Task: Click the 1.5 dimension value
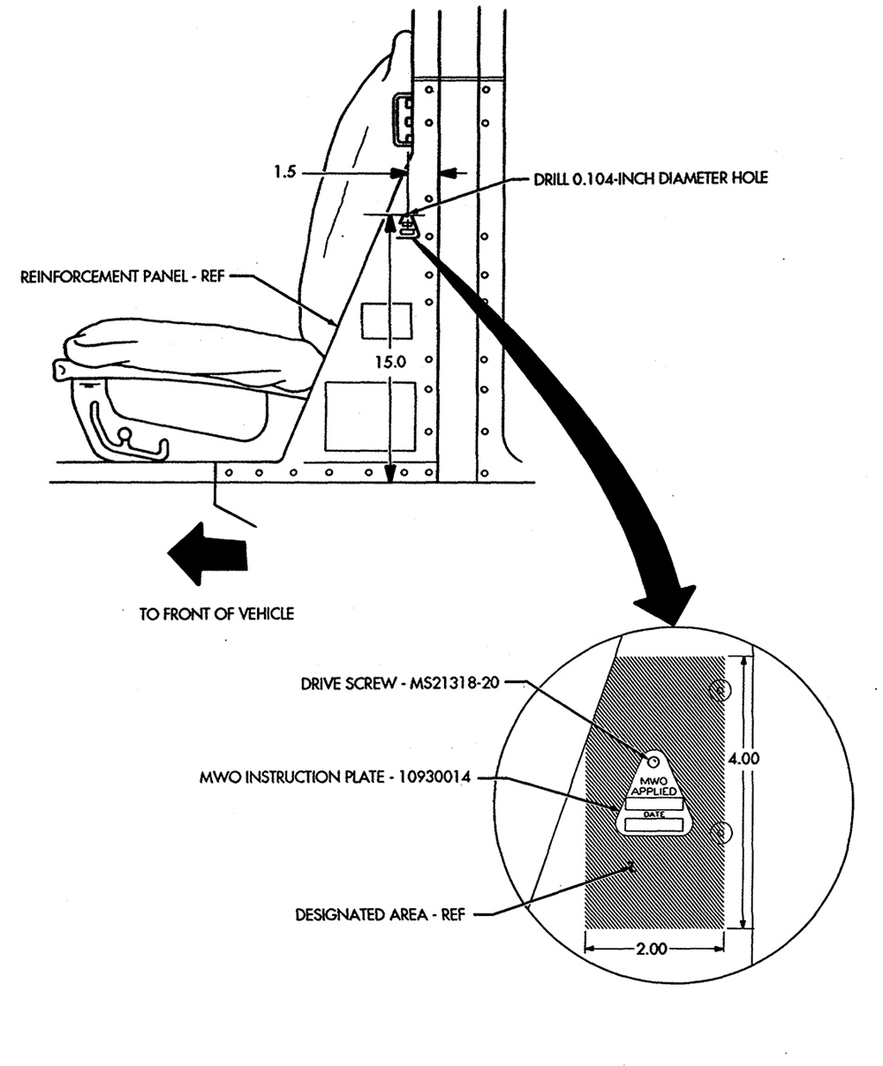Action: [x=284, y=172]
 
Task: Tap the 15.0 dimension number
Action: [x=390, y=362]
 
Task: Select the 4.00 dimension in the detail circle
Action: [x=743, y=758]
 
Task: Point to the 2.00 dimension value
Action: [x=652, y=949]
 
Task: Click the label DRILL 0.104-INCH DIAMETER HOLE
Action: [x=651, y=178]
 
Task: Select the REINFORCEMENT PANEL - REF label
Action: [x=122, y=277]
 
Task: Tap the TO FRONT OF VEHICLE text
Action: [x=216, y=613]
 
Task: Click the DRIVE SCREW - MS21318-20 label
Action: [x=400, y=684]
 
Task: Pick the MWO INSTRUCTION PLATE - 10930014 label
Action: [x=335, y=777]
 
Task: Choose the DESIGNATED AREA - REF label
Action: [x=381, y=914]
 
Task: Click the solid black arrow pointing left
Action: [x=208, y=554]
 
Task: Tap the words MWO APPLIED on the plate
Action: [x=653, y=787]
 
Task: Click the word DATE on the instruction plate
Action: [x=653, y=815]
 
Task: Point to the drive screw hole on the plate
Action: [x=653, y=762]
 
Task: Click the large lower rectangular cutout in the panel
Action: [x=371, y=417]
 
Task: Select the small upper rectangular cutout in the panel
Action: [x=387, y=320]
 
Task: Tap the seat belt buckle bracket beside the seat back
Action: [x=403, y=118]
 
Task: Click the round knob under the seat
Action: [x=125, y=435]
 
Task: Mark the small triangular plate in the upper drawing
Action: [x=407, y=226]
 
